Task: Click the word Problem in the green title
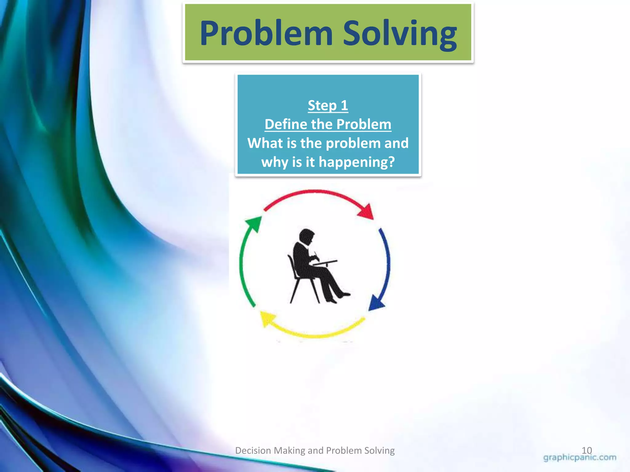[x=266, y=33]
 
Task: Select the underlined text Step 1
[x=328, y=105]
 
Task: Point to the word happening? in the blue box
[x=357, y=162]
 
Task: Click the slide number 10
[x=587, y=450]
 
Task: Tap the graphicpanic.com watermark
[x=580, y=458]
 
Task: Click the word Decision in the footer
[x=253, y=450]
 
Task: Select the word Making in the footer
[x=289, y=450]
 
